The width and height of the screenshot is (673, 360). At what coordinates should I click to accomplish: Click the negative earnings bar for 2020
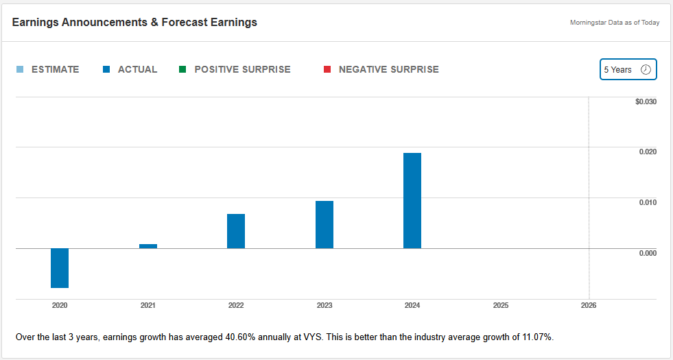coord(60,268)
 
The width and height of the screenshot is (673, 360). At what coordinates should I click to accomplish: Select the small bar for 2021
coord(148,246)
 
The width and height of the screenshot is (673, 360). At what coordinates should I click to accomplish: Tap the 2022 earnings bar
coord(236,231)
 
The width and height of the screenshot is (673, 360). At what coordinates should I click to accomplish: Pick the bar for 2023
coord(324,225)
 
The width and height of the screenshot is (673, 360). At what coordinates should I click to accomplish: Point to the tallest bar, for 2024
coord(412,200)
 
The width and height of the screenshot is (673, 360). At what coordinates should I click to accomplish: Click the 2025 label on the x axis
coord(501,305)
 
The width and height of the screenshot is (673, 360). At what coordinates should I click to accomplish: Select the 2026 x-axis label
coord(589,305)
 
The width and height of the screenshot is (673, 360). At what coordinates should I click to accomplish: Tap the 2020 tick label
coord(60,305)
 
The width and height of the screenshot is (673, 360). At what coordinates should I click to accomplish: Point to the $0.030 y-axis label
coord(646,101)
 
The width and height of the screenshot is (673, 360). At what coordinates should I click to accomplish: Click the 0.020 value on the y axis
coord(648,152)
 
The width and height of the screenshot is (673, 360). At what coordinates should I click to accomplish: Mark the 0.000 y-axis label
coord(648,253)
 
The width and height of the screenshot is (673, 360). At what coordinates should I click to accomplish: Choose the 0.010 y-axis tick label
coord(648,202)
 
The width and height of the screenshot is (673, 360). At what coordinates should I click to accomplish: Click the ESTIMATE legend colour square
coord(19,69)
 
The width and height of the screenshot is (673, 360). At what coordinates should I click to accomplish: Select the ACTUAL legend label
coord(137,69)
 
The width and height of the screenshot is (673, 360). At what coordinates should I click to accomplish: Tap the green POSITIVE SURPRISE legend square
coord(182,69)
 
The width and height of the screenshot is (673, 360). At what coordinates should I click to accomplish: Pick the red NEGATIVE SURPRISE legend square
coord(327,69)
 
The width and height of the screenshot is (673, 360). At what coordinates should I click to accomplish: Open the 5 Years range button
coord(628,69)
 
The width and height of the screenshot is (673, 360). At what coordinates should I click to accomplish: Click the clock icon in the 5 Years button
coord(646,69)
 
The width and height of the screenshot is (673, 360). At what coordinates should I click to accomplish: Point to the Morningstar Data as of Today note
coord(615,23)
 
